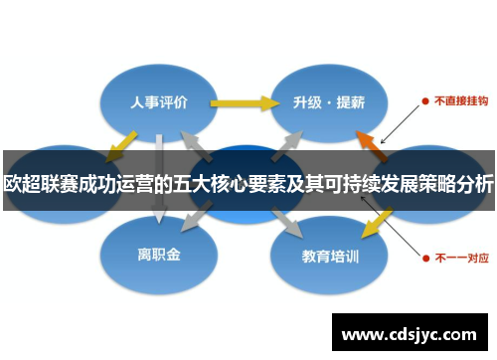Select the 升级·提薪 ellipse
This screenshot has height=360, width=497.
[328, 101]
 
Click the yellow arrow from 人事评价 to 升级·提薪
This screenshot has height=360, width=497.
[244, 101]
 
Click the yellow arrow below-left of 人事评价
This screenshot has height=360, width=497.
[119, 144]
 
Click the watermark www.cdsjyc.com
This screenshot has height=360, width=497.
[410, 334]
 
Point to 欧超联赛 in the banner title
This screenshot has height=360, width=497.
[34, 183]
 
